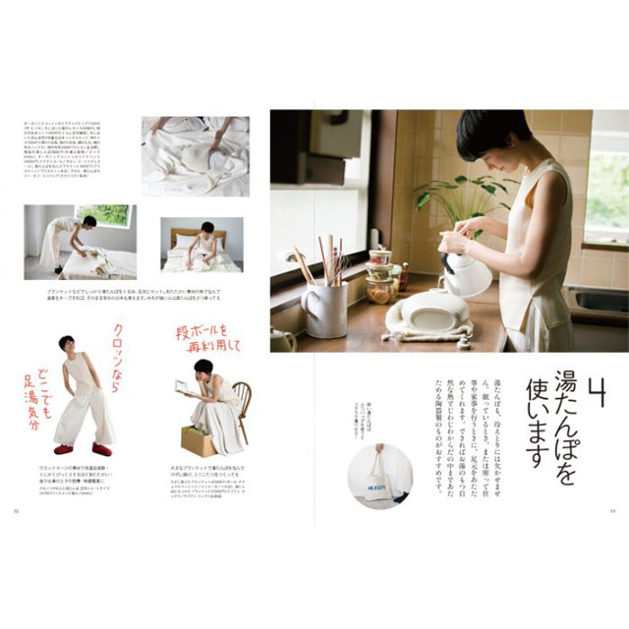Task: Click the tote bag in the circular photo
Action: coord(379,482)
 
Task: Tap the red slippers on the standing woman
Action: coord(82,449)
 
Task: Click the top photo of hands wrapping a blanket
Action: coord(195,155)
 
